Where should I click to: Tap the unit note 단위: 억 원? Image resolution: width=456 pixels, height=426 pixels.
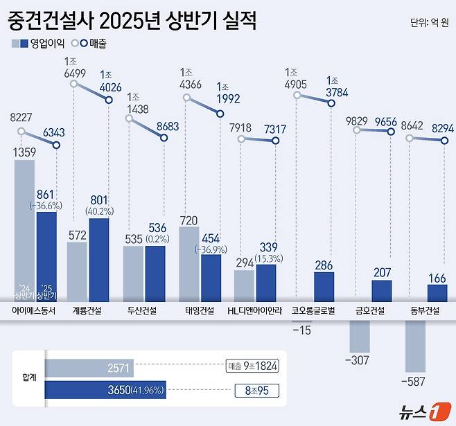pos(429,22)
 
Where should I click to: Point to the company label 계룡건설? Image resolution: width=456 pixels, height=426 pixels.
pos(87,311)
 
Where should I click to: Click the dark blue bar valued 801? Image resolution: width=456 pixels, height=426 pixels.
pos(99,260)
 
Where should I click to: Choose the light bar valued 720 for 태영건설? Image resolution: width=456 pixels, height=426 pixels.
pos(190,264)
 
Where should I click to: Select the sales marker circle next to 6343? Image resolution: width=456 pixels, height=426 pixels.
pos(57,145)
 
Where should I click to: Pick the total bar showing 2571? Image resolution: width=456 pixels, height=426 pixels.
pos(89,367)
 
